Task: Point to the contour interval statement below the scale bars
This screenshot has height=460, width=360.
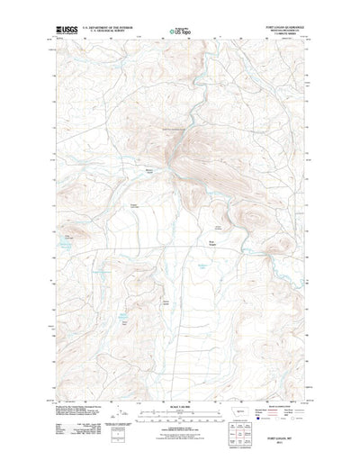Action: pos(179,423)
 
